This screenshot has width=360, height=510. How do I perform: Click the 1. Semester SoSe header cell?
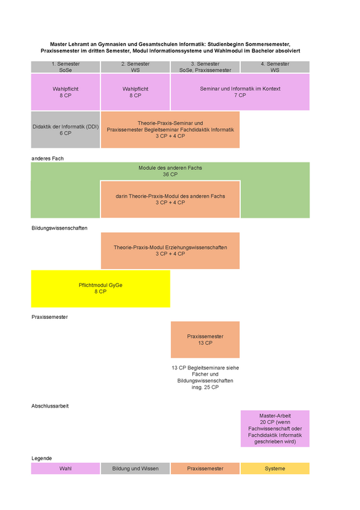65,67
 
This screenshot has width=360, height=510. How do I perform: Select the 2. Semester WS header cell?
135,67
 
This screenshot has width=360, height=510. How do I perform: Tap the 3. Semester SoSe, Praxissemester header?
205,67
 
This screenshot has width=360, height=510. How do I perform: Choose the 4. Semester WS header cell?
275,67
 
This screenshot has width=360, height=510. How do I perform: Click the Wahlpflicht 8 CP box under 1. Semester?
65,92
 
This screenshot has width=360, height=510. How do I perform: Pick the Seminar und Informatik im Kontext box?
240,92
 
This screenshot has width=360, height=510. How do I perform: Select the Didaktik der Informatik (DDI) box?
65,130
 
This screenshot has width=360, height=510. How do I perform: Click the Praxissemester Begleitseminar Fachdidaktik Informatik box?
170,130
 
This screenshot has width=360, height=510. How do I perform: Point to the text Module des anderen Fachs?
170,168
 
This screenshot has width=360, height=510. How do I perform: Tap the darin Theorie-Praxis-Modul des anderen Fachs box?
170,199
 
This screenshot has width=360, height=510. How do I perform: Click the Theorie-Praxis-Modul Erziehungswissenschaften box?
170,251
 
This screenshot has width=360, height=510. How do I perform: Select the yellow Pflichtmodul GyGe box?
100,289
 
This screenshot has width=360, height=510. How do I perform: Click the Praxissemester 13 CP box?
205,340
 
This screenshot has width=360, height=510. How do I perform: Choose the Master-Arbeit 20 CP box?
275,429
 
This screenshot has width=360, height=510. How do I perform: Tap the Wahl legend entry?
65,469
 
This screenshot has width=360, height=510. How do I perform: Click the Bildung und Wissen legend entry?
135,469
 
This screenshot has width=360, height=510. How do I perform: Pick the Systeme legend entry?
275,469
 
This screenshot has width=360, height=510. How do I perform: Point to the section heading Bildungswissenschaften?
59,228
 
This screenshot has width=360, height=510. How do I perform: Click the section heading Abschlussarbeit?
50,406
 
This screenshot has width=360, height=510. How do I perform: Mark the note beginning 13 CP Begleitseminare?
205,378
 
